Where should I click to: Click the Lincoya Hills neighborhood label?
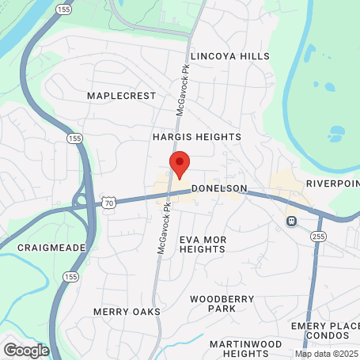[230, 57]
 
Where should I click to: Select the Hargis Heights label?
[197, 137]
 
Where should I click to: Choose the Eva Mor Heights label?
[203, 244]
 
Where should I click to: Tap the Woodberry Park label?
[213, 303]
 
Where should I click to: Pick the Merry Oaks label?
[127, 312]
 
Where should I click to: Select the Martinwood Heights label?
[246, 349]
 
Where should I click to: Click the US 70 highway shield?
[108, 204]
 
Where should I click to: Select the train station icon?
[291, 221]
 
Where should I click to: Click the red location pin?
[180, 165]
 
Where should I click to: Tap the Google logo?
[26, 349]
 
